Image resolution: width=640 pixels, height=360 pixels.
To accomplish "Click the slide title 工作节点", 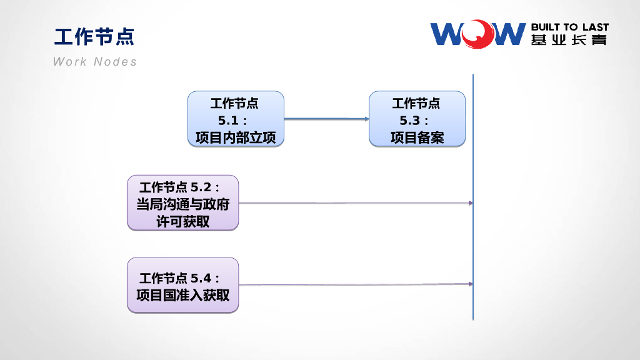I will point(94,36).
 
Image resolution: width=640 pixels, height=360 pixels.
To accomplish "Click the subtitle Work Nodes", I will point(94,61).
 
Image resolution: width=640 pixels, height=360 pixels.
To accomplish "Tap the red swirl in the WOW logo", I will point(479,33).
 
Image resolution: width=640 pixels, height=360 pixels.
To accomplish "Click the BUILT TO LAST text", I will point(569,27).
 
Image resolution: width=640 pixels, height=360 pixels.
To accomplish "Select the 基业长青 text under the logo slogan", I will point(569,41).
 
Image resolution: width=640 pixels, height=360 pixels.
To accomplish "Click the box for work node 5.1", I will point(236,119).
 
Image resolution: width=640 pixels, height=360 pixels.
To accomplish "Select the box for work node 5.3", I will point(417,119).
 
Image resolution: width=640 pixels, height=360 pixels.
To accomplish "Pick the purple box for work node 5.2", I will point(182,202).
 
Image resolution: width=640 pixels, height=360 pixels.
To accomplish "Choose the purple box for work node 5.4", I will point(182,285).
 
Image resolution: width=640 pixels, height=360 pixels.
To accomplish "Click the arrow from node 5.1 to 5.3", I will point(326,119).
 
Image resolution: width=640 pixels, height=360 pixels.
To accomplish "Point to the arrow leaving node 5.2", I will point(355,203).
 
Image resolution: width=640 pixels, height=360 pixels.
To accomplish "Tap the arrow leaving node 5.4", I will point(355,285).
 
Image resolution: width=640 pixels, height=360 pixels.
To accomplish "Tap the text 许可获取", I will point(182,221).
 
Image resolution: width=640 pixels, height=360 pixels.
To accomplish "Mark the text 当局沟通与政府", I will point(182,204).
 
